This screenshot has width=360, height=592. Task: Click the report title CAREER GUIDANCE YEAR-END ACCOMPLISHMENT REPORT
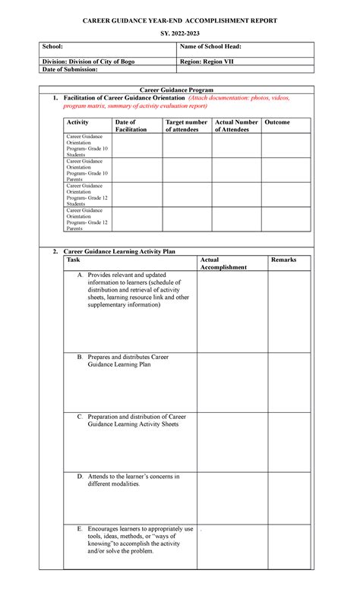coord(179,20)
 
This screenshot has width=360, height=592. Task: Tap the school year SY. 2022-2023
coord(179,36)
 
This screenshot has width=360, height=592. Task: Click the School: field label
coord(52,48)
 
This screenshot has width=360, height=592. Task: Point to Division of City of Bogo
coord(88,61)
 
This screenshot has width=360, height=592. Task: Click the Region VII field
coord(207,61)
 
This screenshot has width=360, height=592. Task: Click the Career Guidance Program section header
coord(179,90)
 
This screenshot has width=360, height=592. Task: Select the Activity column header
coord(77,122)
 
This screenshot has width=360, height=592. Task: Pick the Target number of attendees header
coord(185,126)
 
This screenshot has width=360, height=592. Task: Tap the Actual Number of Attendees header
coord(236,126)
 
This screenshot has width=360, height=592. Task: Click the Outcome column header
coord(276,122)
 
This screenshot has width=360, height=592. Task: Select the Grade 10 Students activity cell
coord(87,146)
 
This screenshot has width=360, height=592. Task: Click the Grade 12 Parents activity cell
coord(87,219)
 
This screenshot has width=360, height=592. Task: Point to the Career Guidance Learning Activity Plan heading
coord(119,250)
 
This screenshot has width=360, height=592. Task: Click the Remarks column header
coord(283,260)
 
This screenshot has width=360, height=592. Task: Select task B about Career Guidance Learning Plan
coord(133,361)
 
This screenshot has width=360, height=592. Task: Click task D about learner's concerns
coord(133,480)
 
